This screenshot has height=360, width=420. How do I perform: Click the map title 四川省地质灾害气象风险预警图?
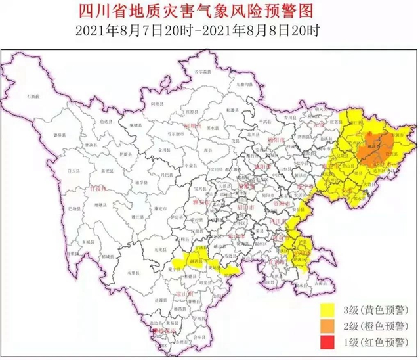tap(210, 12)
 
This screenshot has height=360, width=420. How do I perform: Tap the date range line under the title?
tap(210, 30)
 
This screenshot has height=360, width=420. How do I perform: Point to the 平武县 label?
tap(266, 121)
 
